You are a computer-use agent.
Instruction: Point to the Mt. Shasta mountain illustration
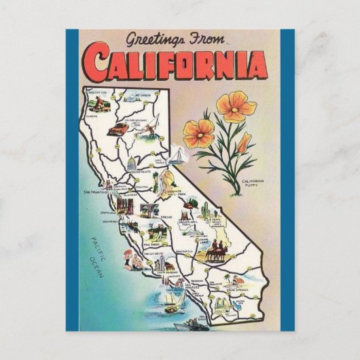coord(141,94)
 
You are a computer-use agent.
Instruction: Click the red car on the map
coord(120,127)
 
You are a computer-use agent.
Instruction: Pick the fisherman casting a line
coord(154,121)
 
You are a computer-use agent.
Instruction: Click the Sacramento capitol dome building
coord(132,165)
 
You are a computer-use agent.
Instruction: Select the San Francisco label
coord(96,192)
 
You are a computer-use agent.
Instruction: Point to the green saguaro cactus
coord(204,209)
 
